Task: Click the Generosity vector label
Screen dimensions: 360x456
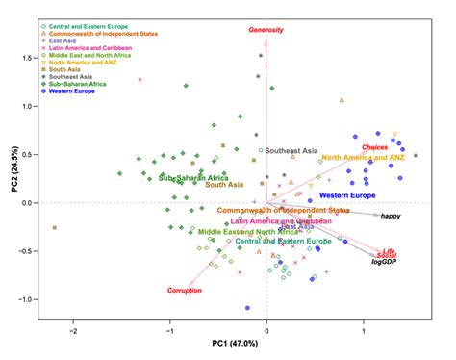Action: [266, 30]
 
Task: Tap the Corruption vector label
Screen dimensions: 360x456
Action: [185, 290]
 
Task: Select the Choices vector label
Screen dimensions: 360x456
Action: [375, 147]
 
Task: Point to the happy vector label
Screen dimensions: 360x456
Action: [391, 217]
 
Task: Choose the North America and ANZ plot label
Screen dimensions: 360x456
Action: [369, 157]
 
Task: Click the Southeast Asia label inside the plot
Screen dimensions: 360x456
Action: [295, 151]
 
